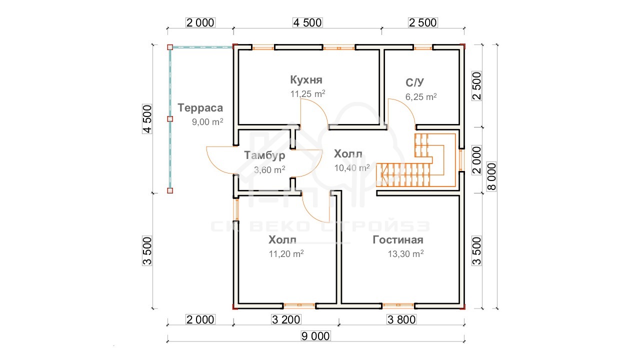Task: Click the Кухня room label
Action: click(x=306, y=80)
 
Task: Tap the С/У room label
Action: click(x=414, y=82)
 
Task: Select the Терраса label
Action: click(x=200, y=108)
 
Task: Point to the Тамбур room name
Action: click(x=264, y=155)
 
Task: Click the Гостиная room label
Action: click(x=398, y=240)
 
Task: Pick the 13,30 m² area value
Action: click(x=405, y=253)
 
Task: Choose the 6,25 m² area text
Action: click(x=421, y=97)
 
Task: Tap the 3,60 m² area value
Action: click(x=269, y=169)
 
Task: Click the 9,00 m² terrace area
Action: click(x=207, y=122)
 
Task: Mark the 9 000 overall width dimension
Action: click(x=315, y=336)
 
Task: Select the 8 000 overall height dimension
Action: click(x=491, y=176)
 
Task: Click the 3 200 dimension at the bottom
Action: click(x=286, y=319)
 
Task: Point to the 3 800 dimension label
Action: click(x=401, y=319)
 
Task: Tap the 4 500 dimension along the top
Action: click(x=307, y=22)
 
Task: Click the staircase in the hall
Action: click(x=416, y=160)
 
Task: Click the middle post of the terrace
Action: click(x=170, y=119)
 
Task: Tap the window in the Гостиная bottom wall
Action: click(x=398, y=306)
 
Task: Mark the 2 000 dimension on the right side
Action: click(x=477, y=160)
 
